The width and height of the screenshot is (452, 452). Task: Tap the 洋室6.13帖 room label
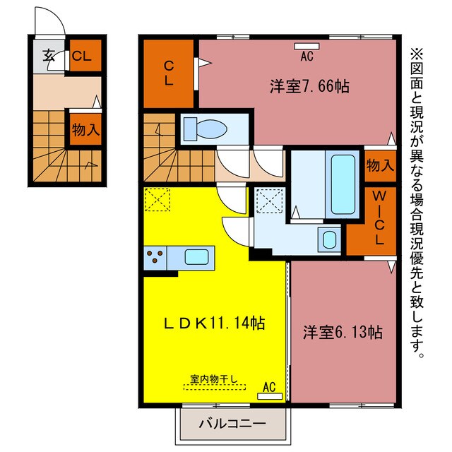tap(343, 332)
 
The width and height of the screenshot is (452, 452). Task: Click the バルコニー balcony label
tap(232, 424)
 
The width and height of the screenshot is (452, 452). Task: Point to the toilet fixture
tap(205, 129)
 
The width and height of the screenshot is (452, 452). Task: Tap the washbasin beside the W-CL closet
tap(329, 238)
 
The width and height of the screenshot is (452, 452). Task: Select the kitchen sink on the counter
tap(198, 256)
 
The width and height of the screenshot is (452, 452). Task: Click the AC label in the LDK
tap(269, 387)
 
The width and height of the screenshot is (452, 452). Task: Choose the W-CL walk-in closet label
tap(379, 219)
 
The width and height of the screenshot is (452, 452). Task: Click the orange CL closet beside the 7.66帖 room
tap(169, 73)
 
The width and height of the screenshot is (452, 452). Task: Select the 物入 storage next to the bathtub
tap(380, 165)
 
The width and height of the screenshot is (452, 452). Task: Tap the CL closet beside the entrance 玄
tap(84, 56)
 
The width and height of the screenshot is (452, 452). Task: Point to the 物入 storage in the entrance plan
tap(84, 129)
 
